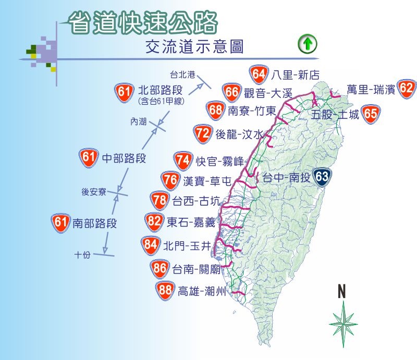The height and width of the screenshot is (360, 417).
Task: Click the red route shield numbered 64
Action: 259,74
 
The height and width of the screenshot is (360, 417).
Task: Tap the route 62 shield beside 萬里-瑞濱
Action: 407,89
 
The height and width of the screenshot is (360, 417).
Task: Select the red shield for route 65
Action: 371,113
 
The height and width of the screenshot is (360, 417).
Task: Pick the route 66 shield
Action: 232,92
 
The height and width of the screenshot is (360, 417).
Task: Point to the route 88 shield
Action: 165,290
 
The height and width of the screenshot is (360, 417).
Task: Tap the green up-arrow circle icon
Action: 308,45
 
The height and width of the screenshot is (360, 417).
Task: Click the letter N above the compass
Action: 342,292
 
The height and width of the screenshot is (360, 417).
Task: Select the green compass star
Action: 343,324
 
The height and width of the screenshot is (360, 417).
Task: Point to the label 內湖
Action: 139,122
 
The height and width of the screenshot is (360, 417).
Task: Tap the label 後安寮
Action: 94,192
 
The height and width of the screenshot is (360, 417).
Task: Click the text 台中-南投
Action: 286,177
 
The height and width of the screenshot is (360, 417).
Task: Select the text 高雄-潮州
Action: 202,291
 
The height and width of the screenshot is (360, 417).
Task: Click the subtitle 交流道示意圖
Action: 195,47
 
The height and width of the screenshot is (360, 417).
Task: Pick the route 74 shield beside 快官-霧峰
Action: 182,160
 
